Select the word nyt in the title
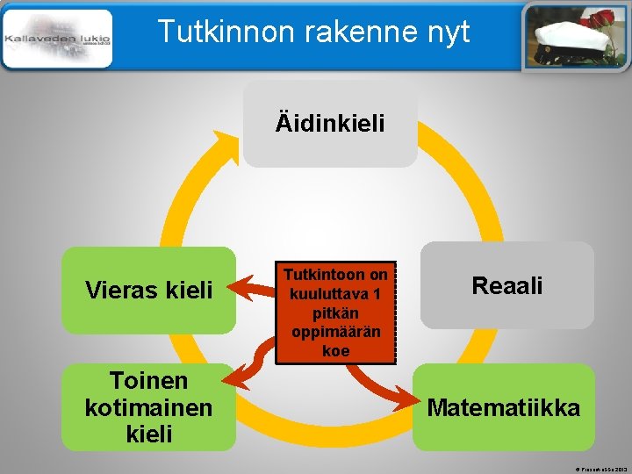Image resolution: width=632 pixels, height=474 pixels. [x=446, y=32]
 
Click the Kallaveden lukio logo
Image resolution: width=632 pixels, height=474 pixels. [x=58, y=39]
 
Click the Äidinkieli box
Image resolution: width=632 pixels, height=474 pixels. [x=330, y=124]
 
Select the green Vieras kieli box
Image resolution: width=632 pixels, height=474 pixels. [x=148, y=290]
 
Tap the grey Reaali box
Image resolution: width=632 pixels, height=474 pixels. [x=507, y=285]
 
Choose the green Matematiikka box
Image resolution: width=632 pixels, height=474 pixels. [x=504, y=407]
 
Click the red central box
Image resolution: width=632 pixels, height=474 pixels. [x=335, y=312]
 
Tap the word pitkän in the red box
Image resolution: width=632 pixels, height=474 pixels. [x=335, y=312]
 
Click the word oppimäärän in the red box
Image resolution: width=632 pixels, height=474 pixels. [x=335, y=331]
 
